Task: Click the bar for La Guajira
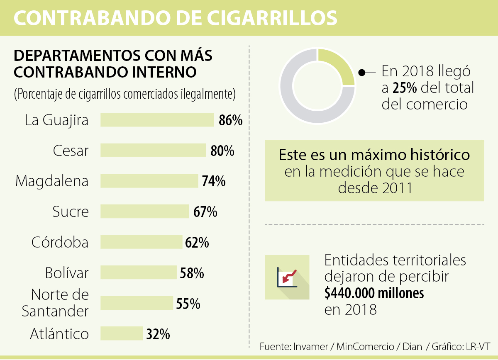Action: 157,120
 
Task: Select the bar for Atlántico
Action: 122,333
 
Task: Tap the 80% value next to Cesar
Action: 222,151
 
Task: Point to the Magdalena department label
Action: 52,181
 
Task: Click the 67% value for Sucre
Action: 205,212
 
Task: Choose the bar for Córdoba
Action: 142,242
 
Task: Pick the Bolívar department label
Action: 67,273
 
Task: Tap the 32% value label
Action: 158,334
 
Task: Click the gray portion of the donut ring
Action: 299,104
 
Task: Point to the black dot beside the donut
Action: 362,73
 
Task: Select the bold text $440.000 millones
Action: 374,293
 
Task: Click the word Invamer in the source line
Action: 308,347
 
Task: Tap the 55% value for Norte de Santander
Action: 188,304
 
